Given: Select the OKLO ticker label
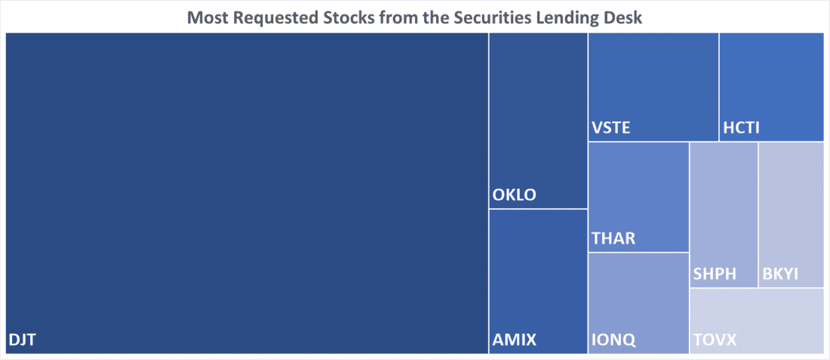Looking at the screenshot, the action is [x=515, y=195].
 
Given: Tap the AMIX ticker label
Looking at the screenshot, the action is [x=515, y=340].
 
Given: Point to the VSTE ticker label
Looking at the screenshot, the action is [x=611, y=128].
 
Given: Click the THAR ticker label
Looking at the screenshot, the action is [x=613, y=238].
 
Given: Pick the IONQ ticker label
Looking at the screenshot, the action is [x=613, y=340].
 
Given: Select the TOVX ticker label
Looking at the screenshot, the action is [x=715, y=340].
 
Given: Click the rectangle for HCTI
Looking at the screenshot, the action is [x=771, y=87].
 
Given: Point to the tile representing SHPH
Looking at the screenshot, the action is [x=724, y=215].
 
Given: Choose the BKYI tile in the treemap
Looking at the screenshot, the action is [x=792, y=215].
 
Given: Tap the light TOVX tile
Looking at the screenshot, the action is [x=756, y=321].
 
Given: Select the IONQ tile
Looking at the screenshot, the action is [x=638, y=303].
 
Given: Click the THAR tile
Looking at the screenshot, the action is [x=638, y=197].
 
